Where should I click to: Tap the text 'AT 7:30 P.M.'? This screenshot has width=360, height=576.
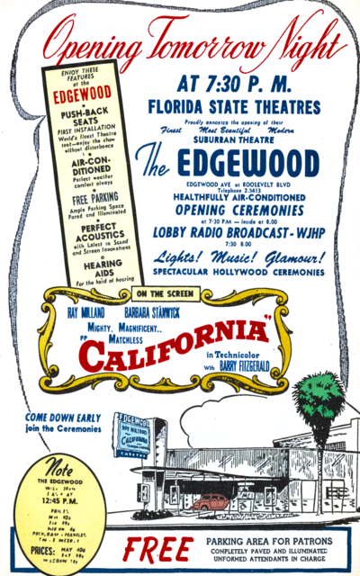click(235, 85)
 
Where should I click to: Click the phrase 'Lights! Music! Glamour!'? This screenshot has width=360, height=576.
click(238, 256)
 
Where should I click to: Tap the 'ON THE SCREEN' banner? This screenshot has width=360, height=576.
click(162, 292)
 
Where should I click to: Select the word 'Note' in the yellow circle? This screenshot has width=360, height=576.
click(61, 469)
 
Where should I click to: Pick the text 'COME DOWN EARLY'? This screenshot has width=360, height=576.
click(63, 418)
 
